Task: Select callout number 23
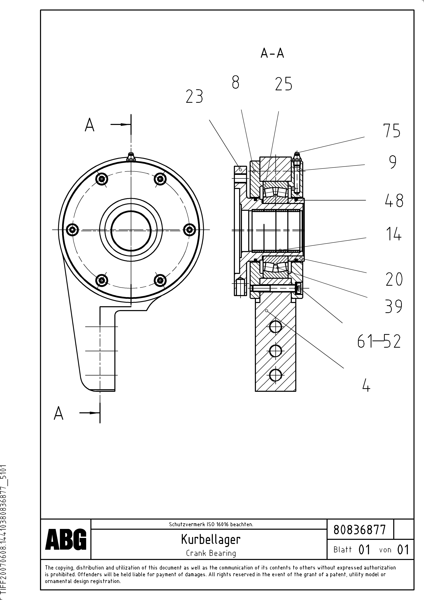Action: tap(194, 96)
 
